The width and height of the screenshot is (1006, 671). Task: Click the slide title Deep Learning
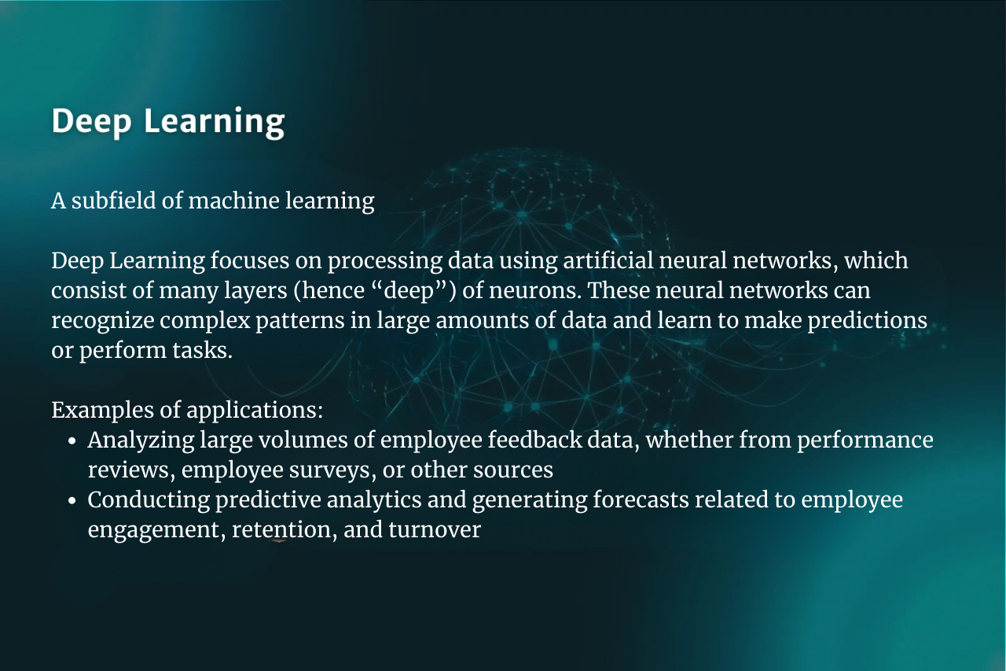click(x=168, y=121)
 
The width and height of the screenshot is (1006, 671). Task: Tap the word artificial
click(x=608, y=260)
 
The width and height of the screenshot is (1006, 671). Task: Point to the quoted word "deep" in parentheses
click(x=410, y=290)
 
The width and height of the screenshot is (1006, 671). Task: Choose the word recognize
click(x=103, y=321)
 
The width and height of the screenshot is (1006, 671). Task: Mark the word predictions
click(x=868, y=321)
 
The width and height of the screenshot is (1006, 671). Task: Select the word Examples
click(x=102, y=411)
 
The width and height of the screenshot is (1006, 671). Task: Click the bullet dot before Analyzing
click(x=72, y=441)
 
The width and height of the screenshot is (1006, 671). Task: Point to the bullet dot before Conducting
click(x=72, y=501)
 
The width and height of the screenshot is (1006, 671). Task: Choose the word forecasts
click(x=641, y=500)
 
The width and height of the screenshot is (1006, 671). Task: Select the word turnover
click(x=435, y=530)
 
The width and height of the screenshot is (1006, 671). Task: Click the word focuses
click(x=250, y=260)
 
